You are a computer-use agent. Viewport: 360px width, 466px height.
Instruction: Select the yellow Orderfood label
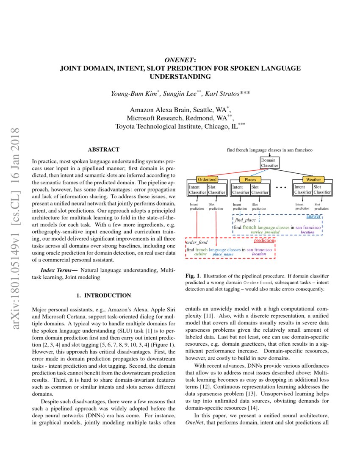click(x=207, y=180)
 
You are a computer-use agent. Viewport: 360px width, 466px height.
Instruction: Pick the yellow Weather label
click(x=313, y=180)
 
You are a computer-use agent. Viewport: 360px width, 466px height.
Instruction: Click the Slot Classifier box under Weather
click(x=322, y=189)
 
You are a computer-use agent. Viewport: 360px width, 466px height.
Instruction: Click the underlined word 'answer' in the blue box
click(x=313, y=216)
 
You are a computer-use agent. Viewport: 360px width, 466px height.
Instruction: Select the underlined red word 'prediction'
click(x=264, y=241)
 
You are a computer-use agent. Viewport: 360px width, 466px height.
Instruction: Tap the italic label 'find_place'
click(x=246, y=220)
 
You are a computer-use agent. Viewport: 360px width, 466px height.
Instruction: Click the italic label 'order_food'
click(x=197, y=243)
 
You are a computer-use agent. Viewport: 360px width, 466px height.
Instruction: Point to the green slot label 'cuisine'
click(x=200, y=254)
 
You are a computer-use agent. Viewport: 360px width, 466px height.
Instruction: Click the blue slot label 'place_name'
click(x=223, y=254)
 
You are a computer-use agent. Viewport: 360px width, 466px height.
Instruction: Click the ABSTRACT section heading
click(x=103, y=150)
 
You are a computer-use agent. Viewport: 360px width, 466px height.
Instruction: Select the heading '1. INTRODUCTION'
click(x=103, y=295)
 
